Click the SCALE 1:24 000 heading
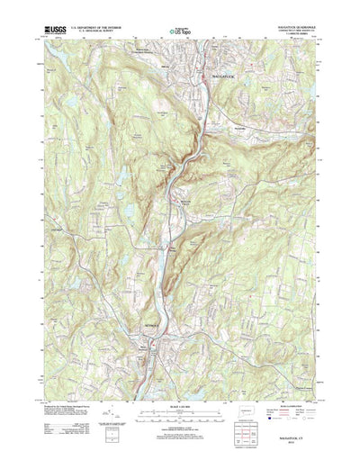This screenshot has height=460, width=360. click(x=179, y=388)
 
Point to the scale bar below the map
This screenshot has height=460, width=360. click(x=179, y=396)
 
